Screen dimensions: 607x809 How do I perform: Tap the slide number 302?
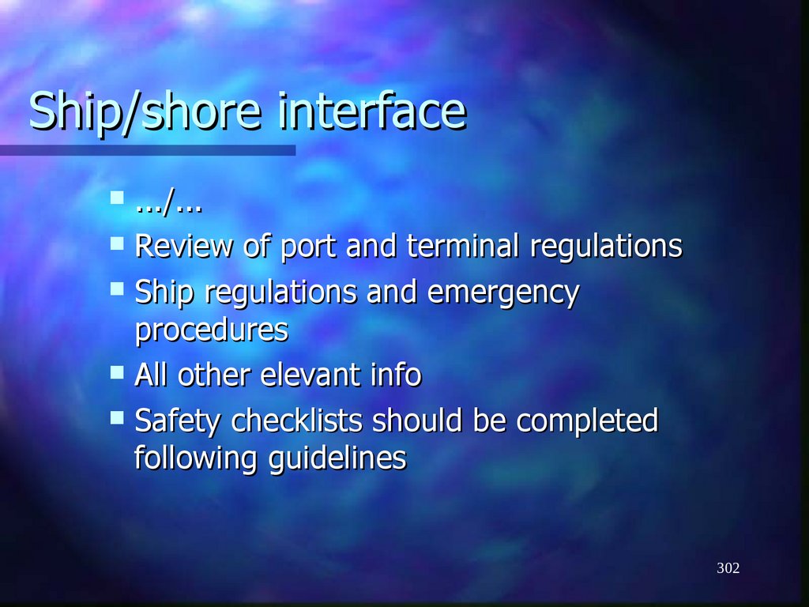[x=728, y=568]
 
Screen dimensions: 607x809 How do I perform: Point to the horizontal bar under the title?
[x=148, y=149]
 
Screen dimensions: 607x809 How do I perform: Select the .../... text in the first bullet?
[x=167, y=206]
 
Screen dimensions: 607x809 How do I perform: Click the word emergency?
[x=503, y=294]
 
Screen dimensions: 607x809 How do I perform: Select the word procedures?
[x=211, y=330]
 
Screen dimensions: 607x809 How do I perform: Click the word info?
[x=395, y=375]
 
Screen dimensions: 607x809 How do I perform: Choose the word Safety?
[x=179, y=421]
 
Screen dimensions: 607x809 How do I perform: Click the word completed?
[x=587, y=421]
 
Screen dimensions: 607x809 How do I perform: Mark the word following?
[x=196, y=458]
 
